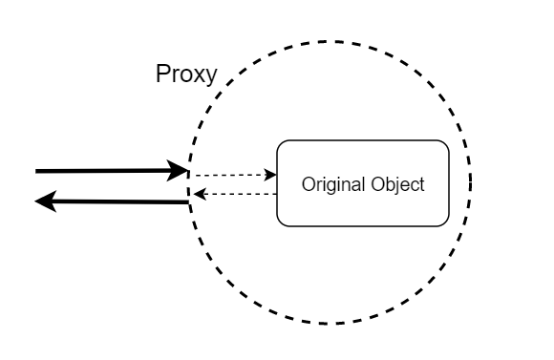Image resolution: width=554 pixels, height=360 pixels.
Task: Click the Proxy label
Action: click(x=186, y=74)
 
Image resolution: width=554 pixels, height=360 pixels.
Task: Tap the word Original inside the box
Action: click(x=333, y=184)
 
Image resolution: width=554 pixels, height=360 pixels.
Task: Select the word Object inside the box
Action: click(x=398, y=184)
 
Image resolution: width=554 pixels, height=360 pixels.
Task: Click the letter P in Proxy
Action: click(x=163, y=74)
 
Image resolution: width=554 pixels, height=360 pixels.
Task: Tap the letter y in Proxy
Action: click(x=210, y=77)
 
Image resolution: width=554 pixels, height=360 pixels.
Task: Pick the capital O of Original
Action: click(x=309, y=184)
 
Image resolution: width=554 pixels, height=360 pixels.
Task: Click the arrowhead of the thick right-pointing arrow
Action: click(x=178, y=171)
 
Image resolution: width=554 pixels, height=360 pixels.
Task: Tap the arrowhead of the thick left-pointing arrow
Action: click(x=46, y=201)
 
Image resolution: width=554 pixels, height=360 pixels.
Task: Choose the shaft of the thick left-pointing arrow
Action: click(x=122, y=201)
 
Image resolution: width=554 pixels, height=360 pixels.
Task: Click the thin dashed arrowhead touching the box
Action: click(x=270, y=175)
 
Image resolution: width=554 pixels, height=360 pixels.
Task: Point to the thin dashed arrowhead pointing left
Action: click(x=200, y=194)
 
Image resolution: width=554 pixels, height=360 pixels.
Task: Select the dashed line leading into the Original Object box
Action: click(x=230, y=175)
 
